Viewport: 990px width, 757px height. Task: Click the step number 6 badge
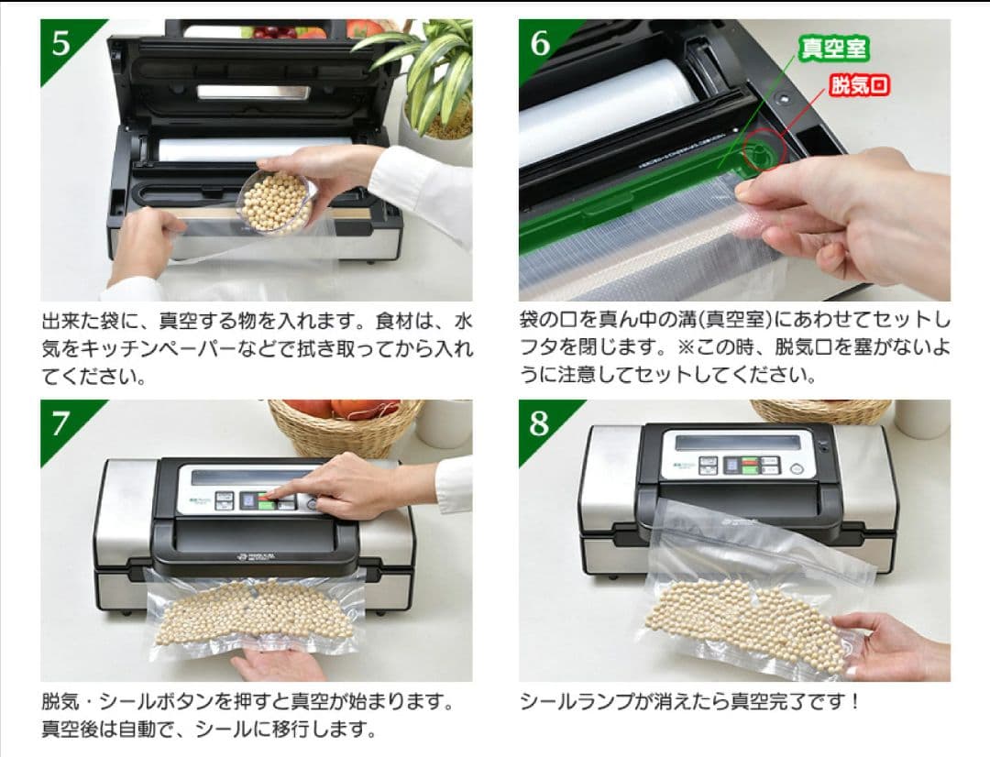[540, 43]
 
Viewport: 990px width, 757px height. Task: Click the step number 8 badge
[540, 423]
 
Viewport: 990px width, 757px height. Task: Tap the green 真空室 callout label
[833, 49]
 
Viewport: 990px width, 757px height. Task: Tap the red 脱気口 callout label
[860, 87]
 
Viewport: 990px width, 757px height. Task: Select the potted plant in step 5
[431, 82]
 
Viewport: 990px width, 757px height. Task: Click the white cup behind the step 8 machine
[921, 417]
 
